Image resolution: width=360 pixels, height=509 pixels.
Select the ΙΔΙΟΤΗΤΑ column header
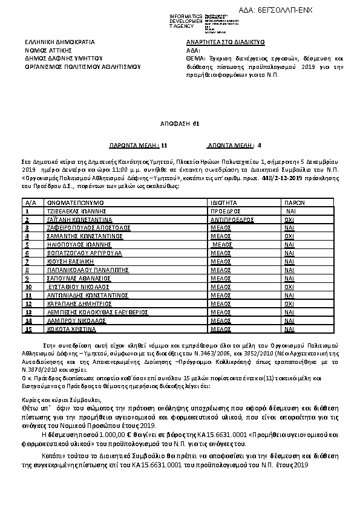coord(224,203)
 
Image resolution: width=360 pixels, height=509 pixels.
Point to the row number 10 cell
coord(28,287)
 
